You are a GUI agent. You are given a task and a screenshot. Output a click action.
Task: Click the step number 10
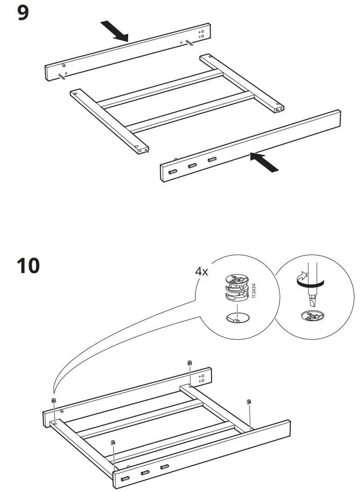click(28, 265)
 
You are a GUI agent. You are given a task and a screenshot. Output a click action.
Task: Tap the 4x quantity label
click(201, 271)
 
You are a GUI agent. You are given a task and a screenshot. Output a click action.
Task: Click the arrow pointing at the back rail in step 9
click(115, 31)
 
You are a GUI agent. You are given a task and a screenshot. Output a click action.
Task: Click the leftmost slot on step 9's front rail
click(173, 172)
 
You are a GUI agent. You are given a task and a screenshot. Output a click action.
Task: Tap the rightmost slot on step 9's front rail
click(211, 159)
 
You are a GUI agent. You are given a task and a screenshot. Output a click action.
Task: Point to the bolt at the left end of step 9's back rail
click(61, 77)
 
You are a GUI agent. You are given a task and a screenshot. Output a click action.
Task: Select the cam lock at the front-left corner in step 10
click(113, 442)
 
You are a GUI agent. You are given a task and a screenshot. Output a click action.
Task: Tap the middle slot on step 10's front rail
click(145, 473)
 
